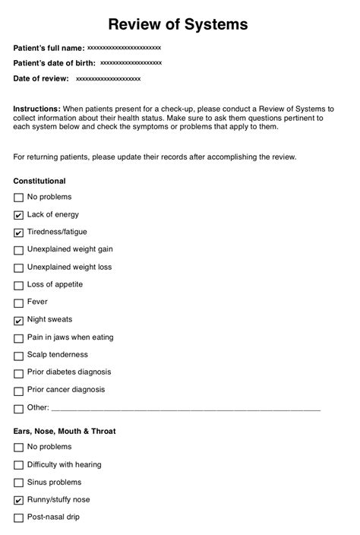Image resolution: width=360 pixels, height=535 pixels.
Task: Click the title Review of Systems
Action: coord(178,25)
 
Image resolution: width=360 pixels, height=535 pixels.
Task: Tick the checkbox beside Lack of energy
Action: coord(18,215)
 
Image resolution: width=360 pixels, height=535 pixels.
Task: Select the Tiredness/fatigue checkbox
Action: coord(18,233)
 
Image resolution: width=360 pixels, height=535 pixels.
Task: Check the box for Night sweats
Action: coord(18,321)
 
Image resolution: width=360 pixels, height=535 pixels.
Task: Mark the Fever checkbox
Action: coord(18,303)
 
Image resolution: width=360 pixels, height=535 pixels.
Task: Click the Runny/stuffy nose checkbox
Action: coord(18,501)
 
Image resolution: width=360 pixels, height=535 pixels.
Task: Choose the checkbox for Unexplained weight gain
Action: coord(18,250)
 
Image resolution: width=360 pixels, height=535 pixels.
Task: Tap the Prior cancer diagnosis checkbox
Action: coord(18,391)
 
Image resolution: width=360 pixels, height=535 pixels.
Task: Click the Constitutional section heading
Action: coord(39,181)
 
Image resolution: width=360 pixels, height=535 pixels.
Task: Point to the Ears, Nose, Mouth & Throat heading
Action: coord(65,431)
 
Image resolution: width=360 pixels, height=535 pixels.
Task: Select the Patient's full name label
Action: coord(49,48)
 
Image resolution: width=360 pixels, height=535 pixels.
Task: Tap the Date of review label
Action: coord(41,78)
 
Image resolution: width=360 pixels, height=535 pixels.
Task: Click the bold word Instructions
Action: coord(36,109)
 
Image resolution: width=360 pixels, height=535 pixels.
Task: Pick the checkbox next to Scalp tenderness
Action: coord(18,356)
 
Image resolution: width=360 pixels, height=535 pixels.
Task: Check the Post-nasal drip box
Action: coord(18,518)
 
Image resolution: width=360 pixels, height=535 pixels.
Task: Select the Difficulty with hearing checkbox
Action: coord(18,465)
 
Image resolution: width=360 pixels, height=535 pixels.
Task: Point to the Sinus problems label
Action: coord(54,482)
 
